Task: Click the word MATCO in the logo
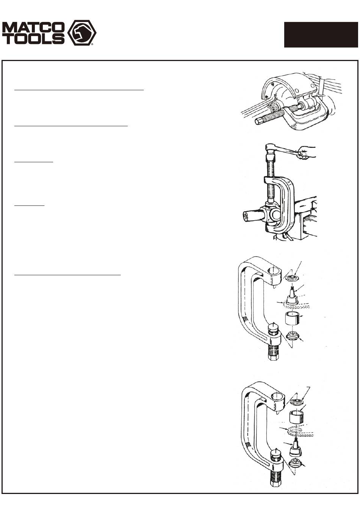click(x=33, y=27)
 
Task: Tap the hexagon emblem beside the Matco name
click(x=82, y=33)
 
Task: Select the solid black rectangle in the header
click(x=321, y=35)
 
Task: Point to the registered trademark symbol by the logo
click(x=92, y=44)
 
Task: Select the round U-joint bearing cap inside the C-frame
click(x=277, y=215)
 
